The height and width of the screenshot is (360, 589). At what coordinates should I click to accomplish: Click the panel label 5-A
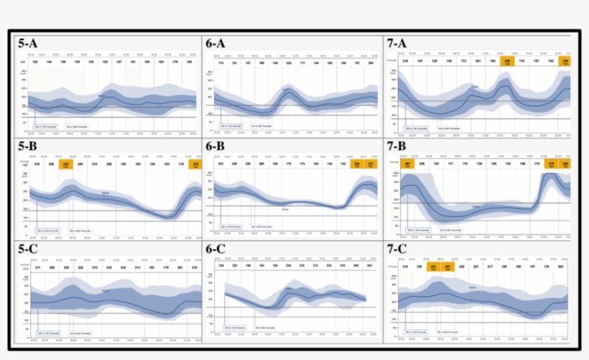click(x=28, y=44)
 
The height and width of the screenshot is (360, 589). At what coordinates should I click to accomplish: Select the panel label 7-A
click(x=397, y=44)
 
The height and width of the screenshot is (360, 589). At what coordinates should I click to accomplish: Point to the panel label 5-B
click(x=28, y=146)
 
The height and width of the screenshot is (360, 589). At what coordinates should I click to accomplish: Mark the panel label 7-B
click(x=397, y=146)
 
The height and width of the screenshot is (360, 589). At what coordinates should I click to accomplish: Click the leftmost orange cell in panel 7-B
click(x=408, y=165)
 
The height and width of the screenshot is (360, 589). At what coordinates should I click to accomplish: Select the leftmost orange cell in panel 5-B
click(x=67, y=165)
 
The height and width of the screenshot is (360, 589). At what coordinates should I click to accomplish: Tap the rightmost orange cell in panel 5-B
click(x=195, y=165)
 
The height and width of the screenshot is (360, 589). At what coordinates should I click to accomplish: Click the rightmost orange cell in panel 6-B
click(x=371, y=165)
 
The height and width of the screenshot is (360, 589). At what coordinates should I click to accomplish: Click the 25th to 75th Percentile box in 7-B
click(x=415, y=231)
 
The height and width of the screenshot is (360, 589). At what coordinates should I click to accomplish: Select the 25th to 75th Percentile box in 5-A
click(x=47, y=128)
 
